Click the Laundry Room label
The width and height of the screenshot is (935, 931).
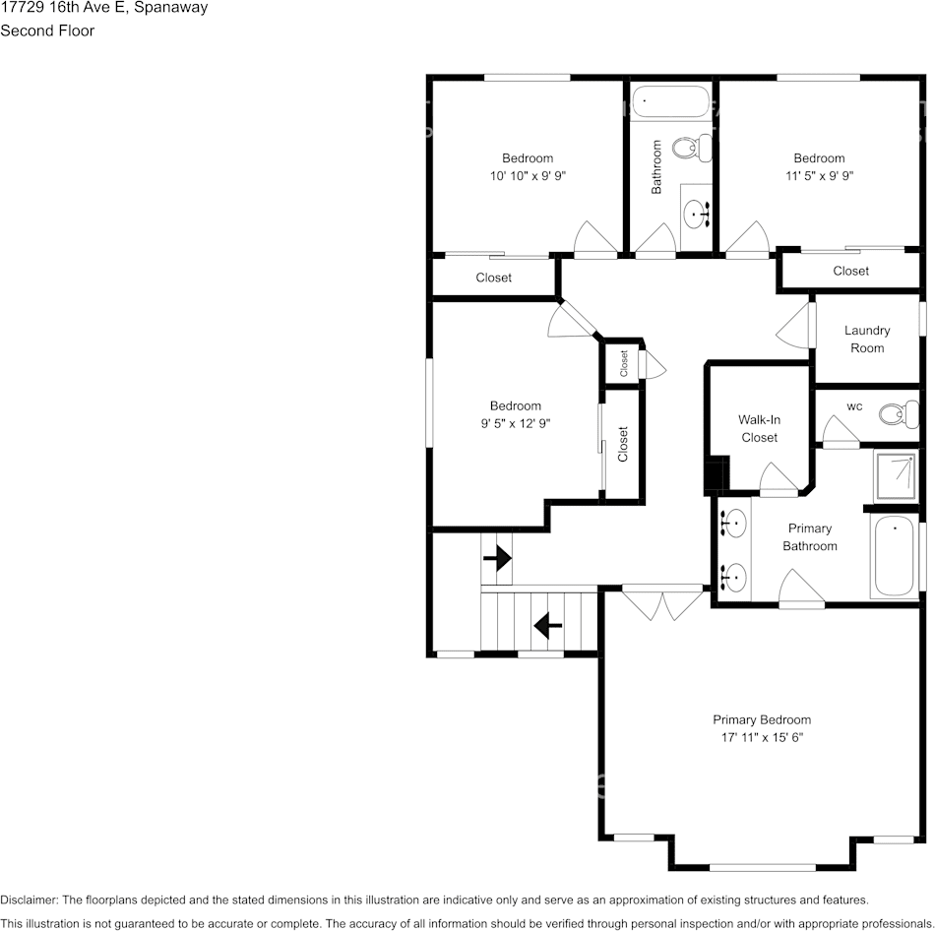coord(867,339)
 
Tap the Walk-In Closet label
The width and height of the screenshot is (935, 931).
coord(759,428)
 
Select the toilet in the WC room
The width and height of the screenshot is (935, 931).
coord(899,414)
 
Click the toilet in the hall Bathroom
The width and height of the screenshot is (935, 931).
coord(692,148)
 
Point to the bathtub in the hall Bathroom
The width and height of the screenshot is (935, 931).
coord(671,102)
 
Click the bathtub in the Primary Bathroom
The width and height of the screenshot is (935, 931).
coord(894,556)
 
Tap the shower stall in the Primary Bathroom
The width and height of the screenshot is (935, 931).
coord(895,476)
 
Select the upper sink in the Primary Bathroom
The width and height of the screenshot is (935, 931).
coord(733,524)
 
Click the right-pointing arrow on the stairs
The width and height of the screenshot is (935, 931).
coord(497,558)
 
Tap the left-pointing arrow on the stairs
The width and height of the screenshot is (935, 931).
coord(548,626)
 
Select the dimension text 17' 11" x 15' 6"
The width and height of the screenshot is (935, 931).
coord(762,737)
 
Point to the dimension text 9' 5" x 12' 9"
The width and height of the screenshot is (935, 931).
coord(516,423)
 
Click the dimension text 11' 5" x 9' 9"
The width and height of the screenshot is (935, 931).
coord(819,176)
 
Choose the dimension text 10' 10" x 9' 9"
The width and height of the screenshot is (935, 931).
coord(528,176)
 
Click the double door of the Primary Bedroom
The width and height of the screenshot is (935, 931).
coord(662,603)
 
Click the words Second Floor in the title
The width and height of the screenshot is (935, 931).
coord(47,31)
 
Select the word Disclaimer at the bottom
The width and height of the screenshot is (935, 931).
coord(29,900)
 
